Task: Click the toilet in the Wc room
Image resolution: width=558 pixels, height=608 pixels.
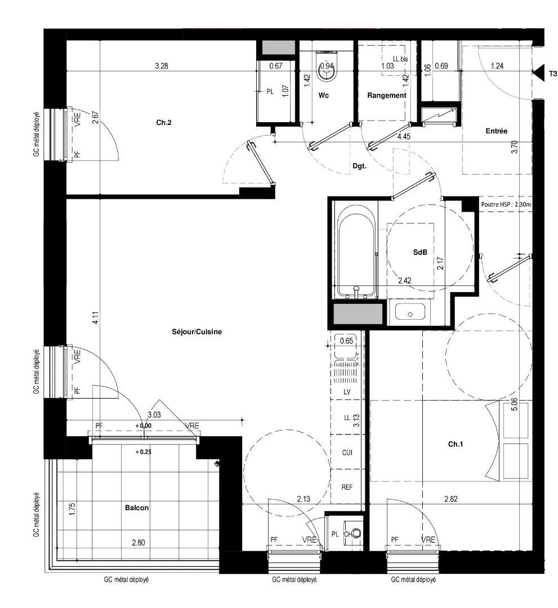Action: [327, 66]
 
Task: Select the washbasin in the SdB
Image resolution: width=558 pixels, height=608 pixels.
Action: [409, 312]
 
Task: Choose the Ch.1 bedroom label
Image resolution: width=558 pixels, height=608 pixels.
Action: [456, 445]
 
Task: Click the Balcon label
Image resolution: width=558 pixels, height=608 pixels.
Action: [137, 508]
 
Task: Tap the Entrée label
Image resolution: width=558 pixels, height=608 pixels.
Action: [497, 131]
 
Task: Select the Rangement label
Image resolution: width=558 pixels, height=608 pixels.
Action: [386, 96]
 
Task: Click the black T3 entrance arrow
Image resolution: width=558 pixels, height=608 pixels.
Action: [539, 73]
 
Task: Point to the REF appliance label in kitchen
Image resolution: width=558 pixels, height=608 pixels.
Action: [347, 487]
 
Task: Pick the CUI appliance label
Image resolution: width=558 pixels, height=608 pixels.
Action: [347, 452]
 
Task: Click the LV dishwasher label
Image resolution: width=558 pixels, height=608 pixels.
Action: [347, 391]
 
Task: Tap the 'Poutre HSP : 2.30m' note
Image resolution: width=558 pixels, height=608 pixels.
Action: [506, 205]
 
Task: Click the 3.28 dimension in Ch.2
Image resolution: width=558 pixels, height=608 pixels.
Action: [162, 66]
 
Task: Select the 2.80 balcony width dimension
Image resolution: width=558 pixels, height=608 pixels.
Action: [139, 543]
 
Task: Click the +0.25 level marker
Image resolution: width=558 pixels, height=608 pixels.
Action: [144, 451]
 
